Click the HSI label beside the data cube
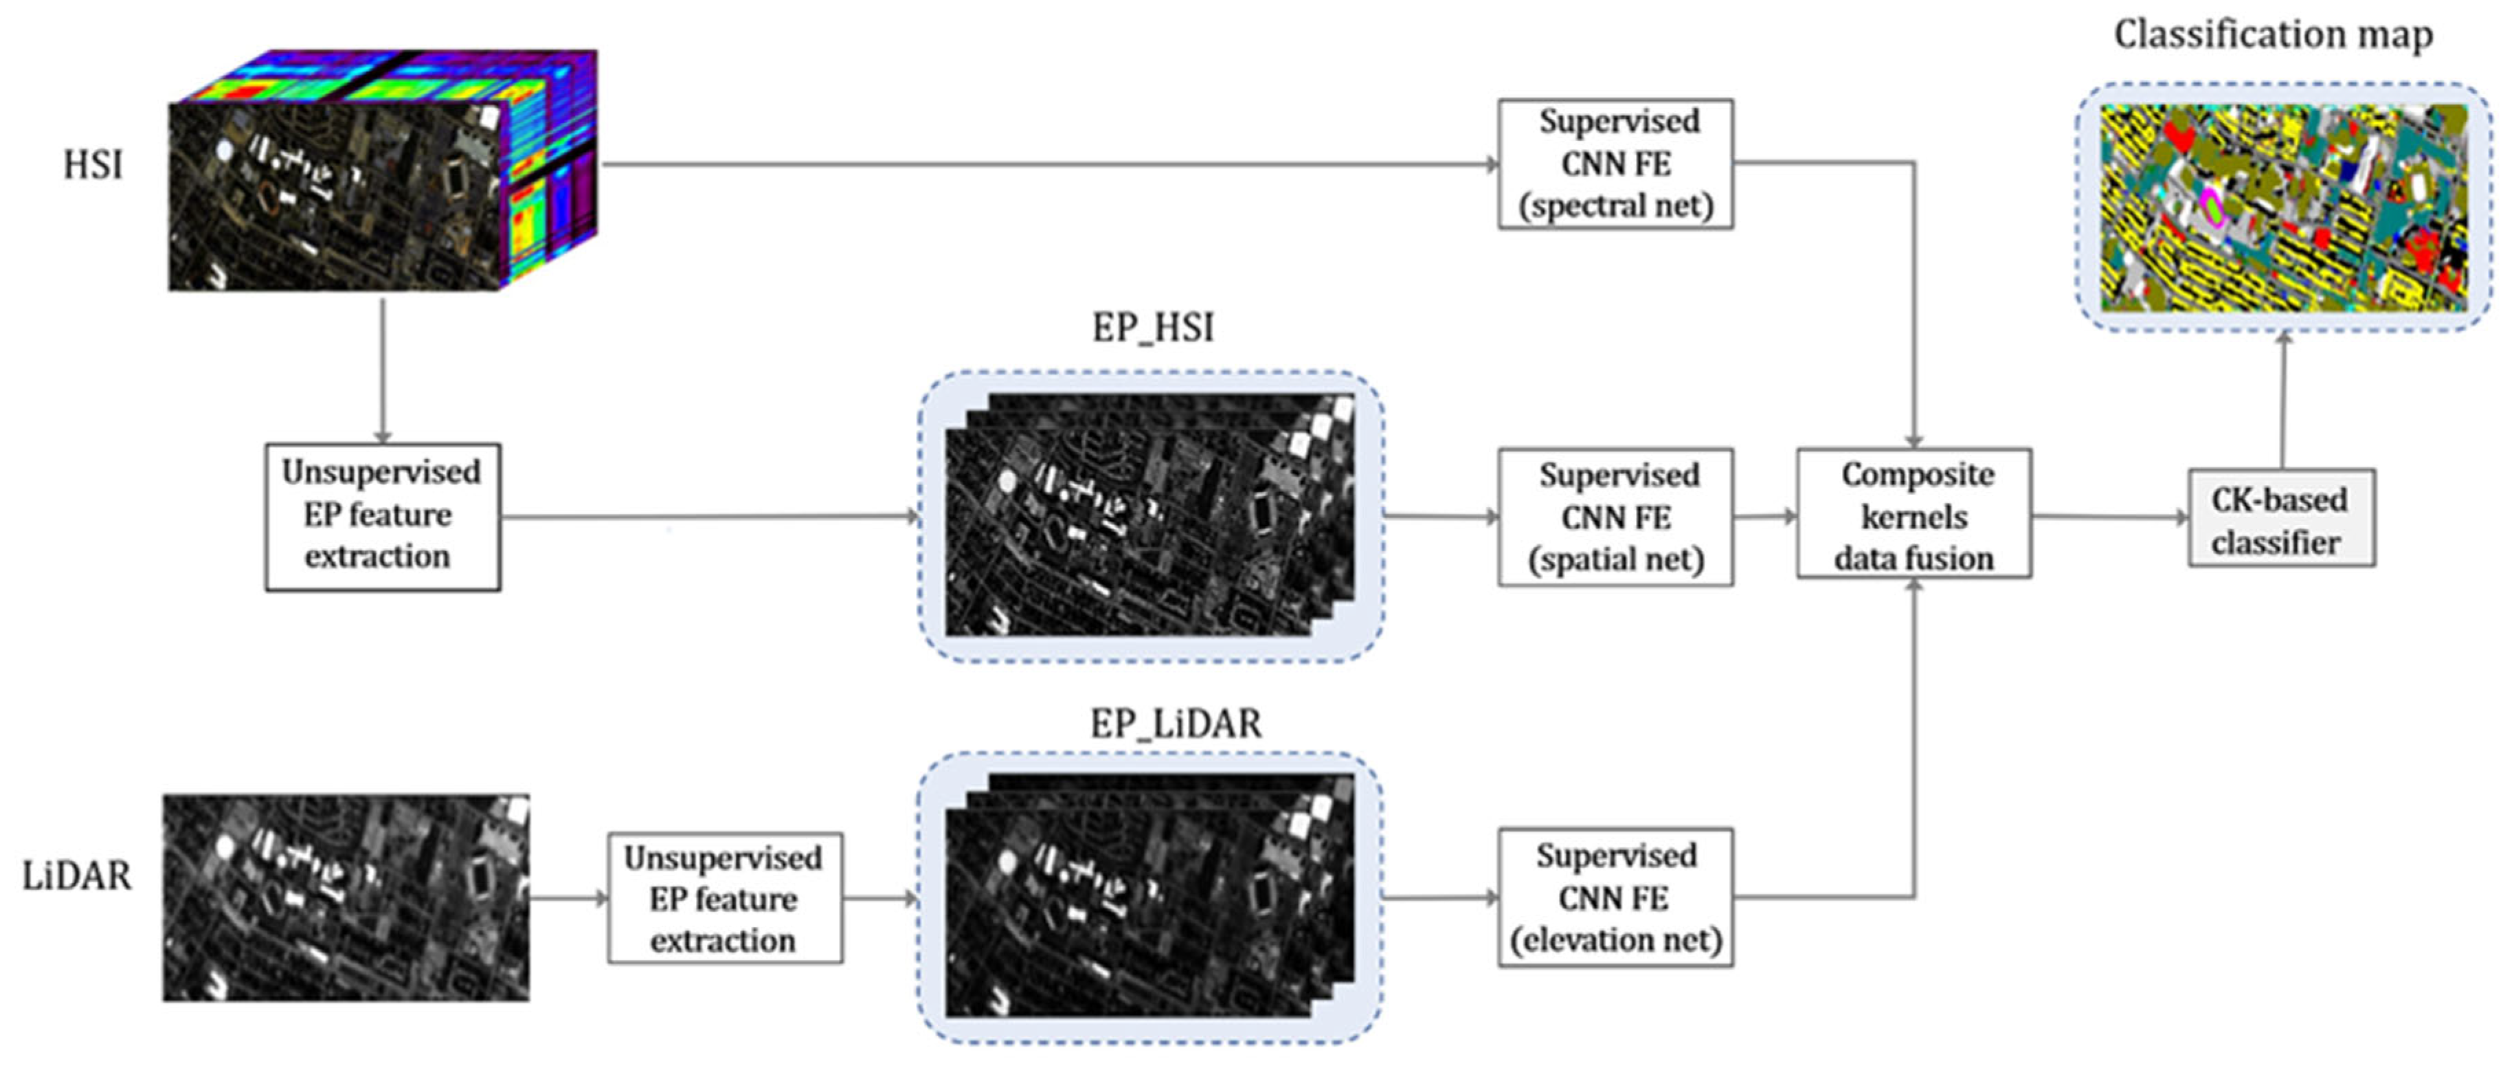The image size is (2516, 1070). pyautogui.click(x=93, y=164)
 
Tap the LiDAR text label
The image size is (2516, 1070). pyautogui.click(x=76, y=875)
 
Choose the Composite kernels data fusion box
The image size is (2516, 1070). pyautogui.click(x=1913, y=515)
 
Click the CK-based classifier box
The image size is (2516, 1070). pyautogui.click(x=2280, y=519)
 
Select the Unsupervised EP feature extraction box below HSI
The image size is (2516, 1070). pyautogui.click(x=382, y=516)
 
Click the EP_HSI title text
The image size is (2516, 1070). pyautogui.click(x=1152, y=327)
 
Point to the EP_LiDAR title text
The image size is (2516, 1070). pyautogui.click(x=1175, y=723)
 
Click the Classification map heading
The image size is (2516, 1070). pyautogui.click(x=2273, y=34)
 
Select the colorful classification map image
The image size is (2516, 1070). pyautogui.click(x=2282, y=207)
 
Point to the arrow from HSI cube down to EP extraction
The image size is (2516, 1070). pyautogui.click(x=383, y=371)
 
